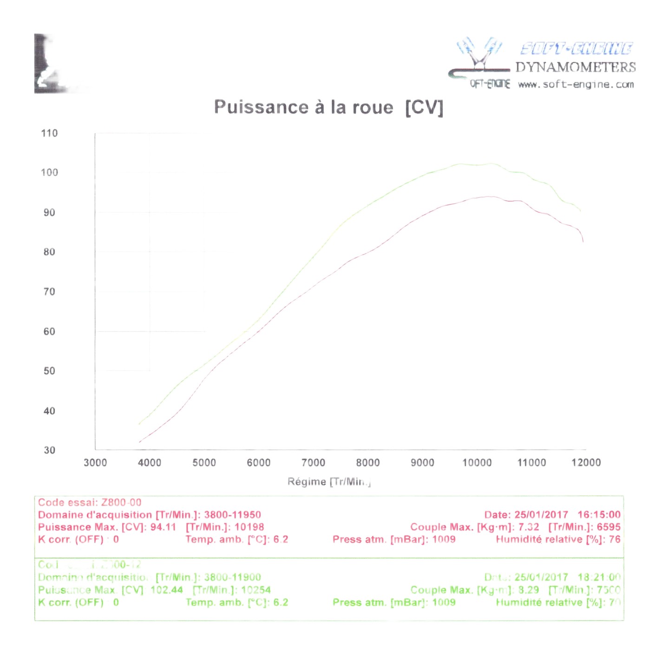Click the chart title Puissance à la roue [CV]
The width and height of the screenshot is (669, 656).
[x=328, y=107]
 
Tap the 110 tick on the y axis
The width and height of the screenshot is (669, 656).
[x=49, y=133]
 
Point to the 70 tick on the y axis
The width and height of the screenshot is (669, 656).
[x=49, y=292]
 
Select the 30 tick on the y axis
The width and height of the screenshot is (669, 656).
[x=49, y=450]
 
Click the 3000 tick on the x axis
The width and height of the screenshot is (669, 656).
[x=95, y=463]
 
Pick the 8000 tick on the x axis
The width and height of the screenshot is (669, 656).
[x=368, y=463]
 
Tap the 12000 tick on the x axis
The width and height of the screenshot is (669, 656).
[x=586, y=463]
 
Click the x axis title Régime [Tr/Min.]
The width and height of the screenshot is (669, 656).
[x=329, y=482]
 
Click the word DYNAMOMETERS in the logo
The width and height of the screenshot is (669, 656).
[x=576, y=67]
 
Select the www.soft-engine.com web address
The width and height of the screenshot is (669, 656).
[x=576, y=85]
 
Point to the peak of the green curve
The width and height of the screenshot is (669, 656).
[x=491, y=164]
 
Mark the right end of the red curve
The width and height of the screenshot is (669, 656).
[x=583, y=241]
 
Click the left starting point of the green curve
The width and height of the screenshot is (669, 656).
[x=139, y=424]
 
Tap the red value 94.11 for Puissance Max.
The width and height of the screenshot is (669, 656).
[x=163, y=527]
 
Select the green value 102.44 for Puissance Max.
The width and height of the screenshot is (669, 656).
[x=167, y=590]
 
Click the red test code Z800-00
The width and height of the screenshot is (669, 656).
[x=121, y=503]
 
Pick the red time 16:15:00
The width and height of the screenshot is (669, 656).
[x=599, y=515]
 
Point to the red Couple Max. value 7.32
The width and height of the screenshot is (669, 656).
[x=529, y=527]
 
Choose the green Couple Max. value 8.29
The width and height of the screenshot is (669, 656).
[x=529, y=590]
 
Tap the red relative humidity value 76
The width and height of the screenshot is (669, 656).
[x=615, y=539]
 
